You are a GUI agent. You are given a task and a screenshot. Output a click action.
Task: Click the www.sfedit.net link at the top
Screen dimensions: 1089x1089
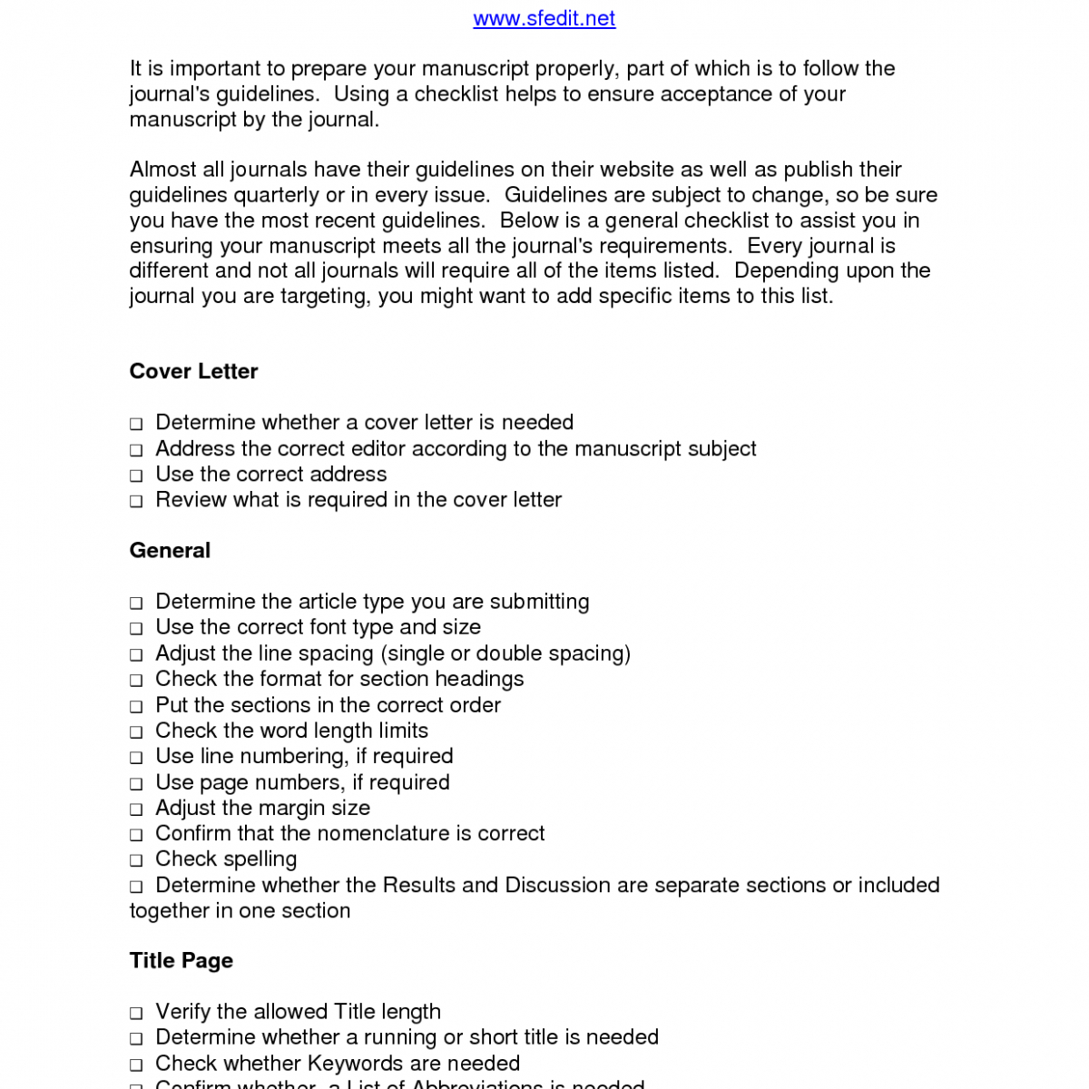[x=544, y=18]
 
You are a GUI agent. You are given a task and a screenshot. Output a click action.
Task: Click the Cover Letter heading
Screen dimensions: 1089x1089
[x=193, y=371]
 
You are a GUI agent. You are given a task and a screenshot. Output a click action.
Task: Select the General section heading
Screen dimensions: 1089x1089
[x=170, y=550]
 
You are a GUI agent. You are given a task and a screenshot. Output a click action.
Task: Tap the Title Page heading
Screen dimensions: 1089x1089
[x=181, y=960]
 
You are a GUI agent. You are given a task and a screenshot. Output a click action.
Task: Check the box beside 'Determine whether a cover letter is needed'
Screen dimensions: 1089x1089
[x=136, y=424]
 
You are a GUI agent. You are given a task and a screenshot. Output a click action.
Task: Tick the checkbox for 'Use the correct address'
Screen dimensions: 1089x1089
[x=136, y=476]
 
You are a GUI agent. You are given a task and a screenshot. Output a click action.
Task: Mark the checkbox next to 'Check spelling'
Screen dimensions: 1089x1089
[x=136, y=860]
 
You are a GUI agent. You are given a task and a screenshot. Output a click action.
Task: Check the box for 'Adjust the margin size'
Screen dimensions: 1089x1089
[x=136, y=809]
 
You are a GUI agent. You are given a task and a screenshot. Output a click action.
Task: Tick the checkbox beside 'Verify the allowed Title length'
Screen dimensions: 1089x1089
[x=136, y=1013]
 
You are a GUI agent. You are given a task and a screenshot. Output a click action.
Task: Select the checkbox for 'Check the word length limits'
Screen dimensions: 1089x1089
[x=136, y=732]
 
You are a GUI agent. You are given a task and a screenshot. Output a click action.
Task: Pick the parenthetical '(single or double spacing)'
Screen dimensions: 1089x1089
[x=505, y=653]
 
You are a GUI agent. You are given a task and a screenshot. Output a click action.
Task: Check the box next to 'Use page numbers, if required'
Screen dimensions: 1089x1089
[x=136, y=784]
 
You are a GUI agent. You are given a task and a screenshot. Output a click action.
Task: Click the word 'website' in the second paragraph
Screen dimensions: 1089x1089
[x=633, y=170]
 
